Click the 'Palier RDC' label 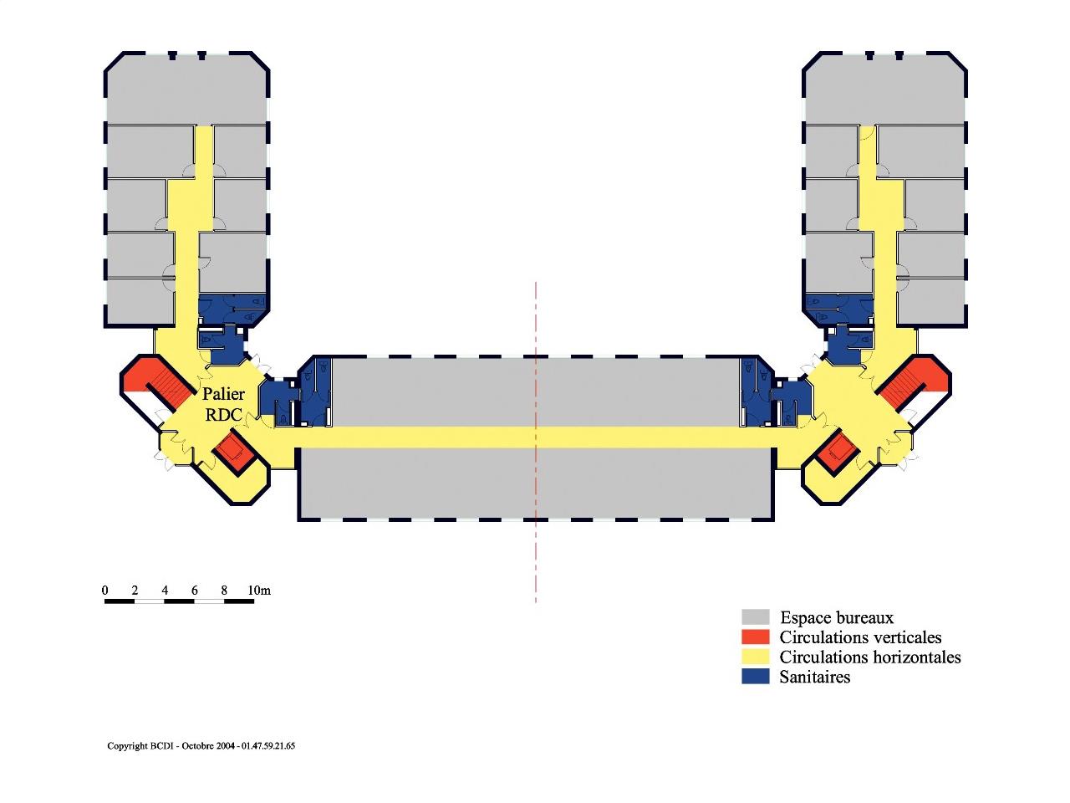pyautogui.click(x=224, y=404)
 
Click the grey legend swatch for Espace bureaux pyautogui.click(x=755, y=617)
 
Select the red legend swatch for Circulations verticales pyautogui.click(x=755, y=637)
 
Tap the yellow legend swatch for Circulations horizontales pyautogui.click(x=755, y=657)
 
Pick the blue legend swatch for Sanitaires pyautogui.click(x=755, y=678)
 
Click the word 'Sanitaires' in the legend pyautogui.click(x=814, y=678)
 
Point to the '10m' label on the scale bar pyautogui.click(x=259, y=591)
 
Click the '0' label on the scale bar pyautogui.click(x=105, y=591)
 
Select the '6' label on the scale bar pyautogui.click(x=195, y=591)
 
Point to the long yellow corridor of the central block pyautogui.click(x=535, y=437)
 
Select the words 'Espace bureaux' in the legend pyautogui.click(x=837, y=617)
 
